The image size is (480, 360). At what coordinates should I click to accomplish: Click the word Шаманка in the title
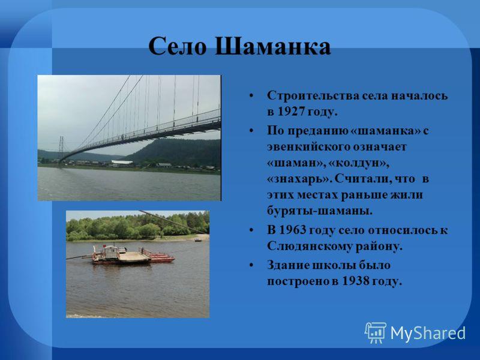click(272, 47)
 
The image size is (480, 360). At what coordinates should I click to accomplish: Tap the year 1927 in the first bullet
click(291, 112)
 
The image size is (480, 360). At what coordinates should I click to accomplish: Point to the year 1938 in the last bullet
click(355, 281)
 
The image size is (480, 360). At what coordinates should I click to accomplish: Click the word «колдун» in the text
click(359, 163)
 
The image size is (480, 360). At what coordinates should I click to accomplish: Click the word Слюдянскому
click(310, 247)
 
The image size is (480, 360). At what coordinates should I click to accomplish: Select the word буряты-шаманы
click(320, 211)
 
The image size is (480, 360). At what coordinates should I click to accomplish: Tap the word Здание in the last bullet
click(289, 265)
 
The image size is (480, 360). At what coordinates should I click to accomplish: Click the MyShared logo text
click(428, 333)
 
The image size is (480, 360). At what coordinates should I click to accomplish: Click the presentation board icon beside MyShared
click(376, 332)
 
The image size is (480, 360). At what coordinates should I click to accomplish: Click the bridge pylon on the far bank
click(61, 149)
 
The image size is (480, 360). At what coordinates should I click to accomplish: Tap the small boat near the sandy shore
click(198, 240)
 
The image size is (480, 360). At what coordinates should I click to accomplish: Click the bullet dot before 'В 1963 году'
click(251, 230)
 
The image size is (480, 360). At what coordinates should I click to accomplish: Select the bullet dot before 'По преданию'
click(251, 131)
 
